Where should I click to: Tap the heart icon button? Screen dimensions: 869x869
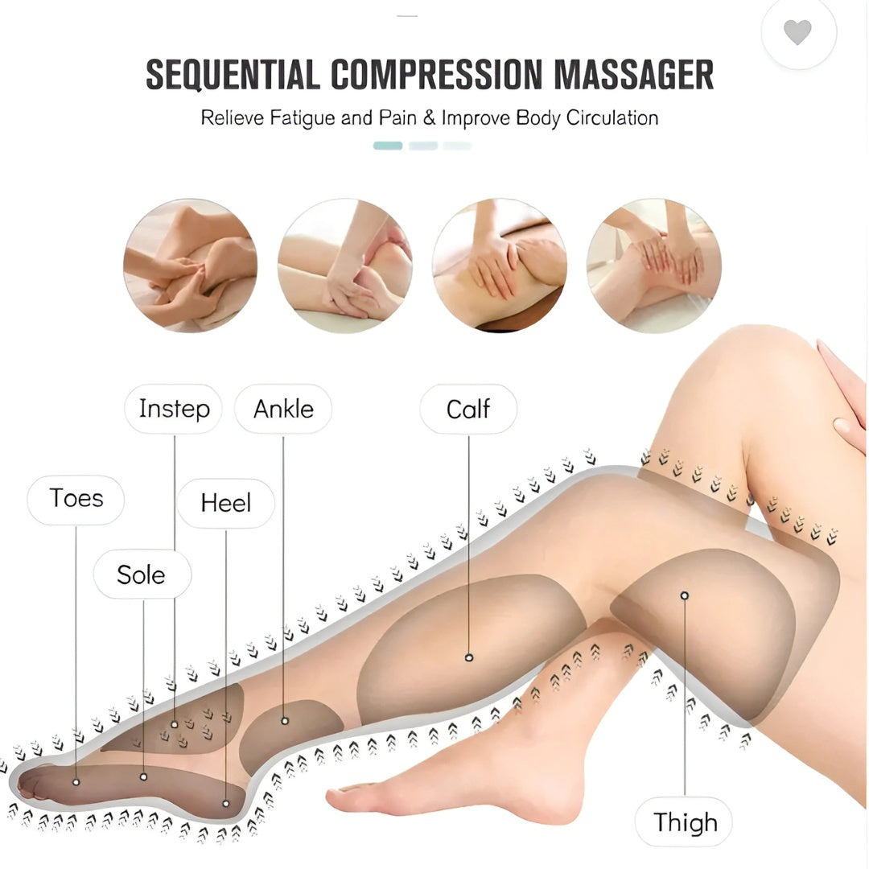(798, 31)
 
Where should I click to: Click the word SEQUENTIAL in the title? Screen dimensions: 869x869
(233, 74)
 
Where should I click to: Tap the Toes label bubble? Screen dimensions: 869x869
(76, 500)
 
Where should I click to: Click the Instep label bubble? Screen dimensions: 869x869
(174, 409)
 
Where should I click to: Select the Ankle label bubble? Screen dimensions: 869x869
(283, 409)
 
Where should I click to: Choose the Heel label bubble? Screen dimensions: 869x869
(225, 503)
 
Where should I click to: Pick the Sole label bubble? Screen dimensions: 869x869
(142, 575)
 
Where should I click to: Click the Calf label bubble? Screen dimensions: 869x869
(468, 409)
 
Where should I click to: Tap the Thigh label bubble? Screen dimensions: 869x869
(683, 822)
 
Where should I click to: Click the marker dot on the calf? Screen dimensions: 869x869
(469, 658)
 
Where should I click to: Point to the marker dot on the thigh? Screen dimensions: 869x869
(685, 595)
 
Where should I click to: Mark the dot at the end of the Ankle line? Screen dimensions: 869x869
(284, 721)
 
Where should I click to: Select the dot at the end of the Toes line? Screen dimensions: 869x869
(76, 782)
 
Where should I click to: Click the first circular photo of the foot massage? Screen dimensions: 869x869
(190, 266)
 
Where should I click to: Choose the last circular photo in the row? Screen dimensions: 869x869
(654, 266)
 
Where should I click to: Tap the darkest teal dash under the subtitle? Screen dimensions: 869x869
(388, 146)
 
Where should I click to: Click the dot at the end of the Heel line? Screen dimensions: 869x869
(225, 804)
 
